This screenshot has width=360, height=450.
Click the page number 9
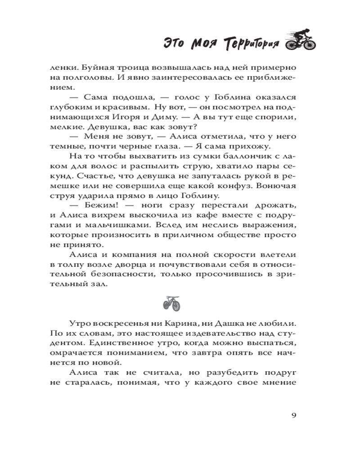(x=293, y=414)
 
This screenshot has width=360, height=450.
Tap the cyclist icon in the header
(x=301, y=40)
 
